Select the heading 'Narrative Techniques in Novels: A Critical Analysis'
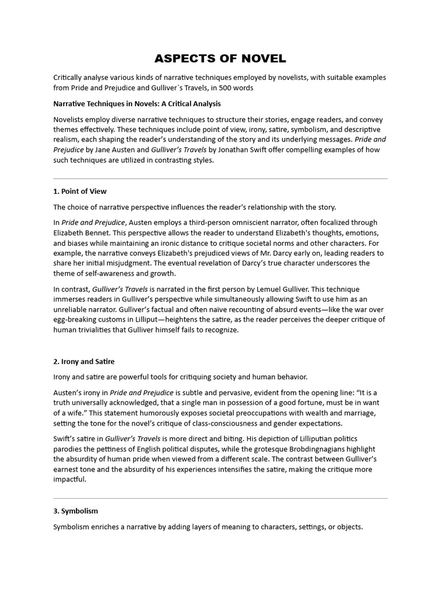click(x=137, y=104)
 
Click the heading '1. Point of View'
click(x=80, y=192)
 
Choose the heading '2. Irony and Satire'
click(x=84, y=362)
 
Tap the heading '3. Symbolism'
click(x=76, y=511)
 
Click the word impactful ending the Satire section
click(x=69, y=480)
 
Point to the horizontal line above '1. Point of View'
click(x=220, y=179)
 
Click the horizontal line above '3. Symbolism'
click(x=220, y=498)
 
